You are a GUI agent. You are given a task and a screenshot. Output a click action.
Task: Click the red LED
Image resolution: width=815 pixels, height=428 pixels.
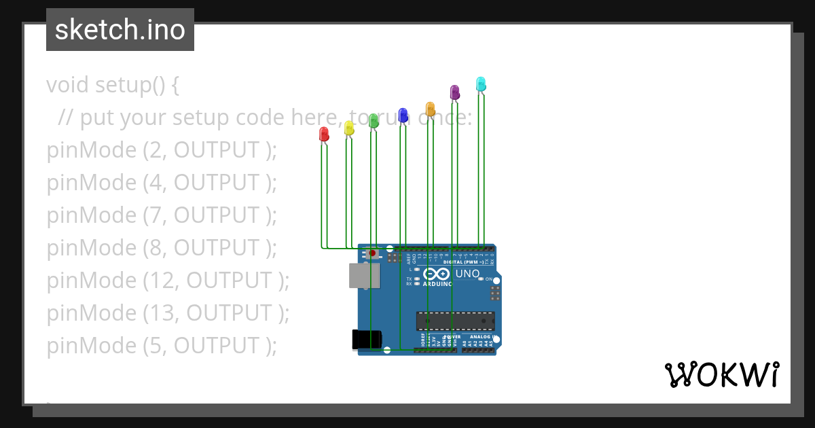point(324,134)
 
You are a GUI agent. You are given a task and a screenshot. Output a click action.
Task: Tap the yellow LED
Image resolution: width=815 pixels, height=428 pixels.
point(349,128)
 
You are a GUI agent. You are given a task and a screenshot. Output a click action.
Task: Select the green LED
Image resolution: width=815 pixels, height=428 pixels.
point(374,121)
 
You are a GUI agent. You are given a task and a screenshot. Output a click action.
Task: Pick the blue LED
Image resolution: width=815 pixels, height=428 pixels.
point(403,115)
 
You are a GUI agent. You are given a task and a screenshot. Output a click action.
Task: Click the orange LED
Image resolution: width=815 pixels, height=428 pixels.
point(430,109)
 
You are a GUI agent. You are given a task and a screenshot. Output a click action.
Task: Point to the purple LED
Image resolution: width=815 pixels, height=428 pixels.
point(455,92)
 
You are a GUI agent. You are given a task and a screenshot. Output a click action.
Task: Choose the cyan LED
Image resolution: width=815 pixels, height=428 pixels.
point(481,84)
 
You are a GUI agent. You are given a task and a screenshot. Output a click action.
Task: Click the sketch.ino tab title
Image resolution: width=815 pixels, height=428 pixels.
point(120,30)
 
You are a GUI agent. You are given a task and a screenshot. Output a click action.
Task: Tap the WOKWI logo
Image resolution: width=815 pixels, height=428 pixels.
point(721,374)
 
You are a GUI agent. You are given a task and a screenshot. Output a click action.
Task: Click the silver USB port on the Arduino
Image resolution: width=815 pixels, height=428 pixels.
point(364,276)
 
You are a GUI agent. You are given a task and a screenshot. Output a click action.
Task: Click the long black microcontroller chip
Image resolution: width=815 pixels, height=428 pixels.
point(455,321)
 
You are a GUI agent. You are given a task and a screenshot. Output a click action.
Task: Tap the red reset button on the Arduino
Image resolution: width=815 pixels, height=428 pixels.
point(372,253)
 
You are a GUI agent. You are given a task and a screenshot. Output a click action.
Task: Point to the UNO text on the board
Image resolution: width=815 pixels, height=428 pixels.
point(467,274)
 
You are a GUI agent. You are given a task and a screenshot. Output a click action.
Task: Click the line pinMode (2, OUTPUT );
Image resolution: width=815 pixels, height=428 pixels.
point(162,150)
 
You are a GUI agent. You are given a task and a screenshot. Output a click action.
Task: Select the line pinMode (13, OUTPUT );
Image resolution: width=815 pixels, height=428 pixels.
point(168,313)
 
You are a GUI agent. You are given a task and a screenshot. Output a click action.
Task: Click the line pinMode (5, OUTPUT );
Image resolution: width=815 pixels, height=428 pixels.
point(162,346)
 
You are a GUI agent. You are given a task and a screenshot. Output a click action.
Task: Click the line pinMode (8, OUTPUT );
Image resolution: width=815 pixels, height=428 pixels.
point(162,248)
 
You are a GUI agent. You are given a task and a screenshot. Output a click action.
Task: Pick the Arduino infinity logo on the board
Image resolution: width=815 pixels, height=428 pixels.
point(437,274)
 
